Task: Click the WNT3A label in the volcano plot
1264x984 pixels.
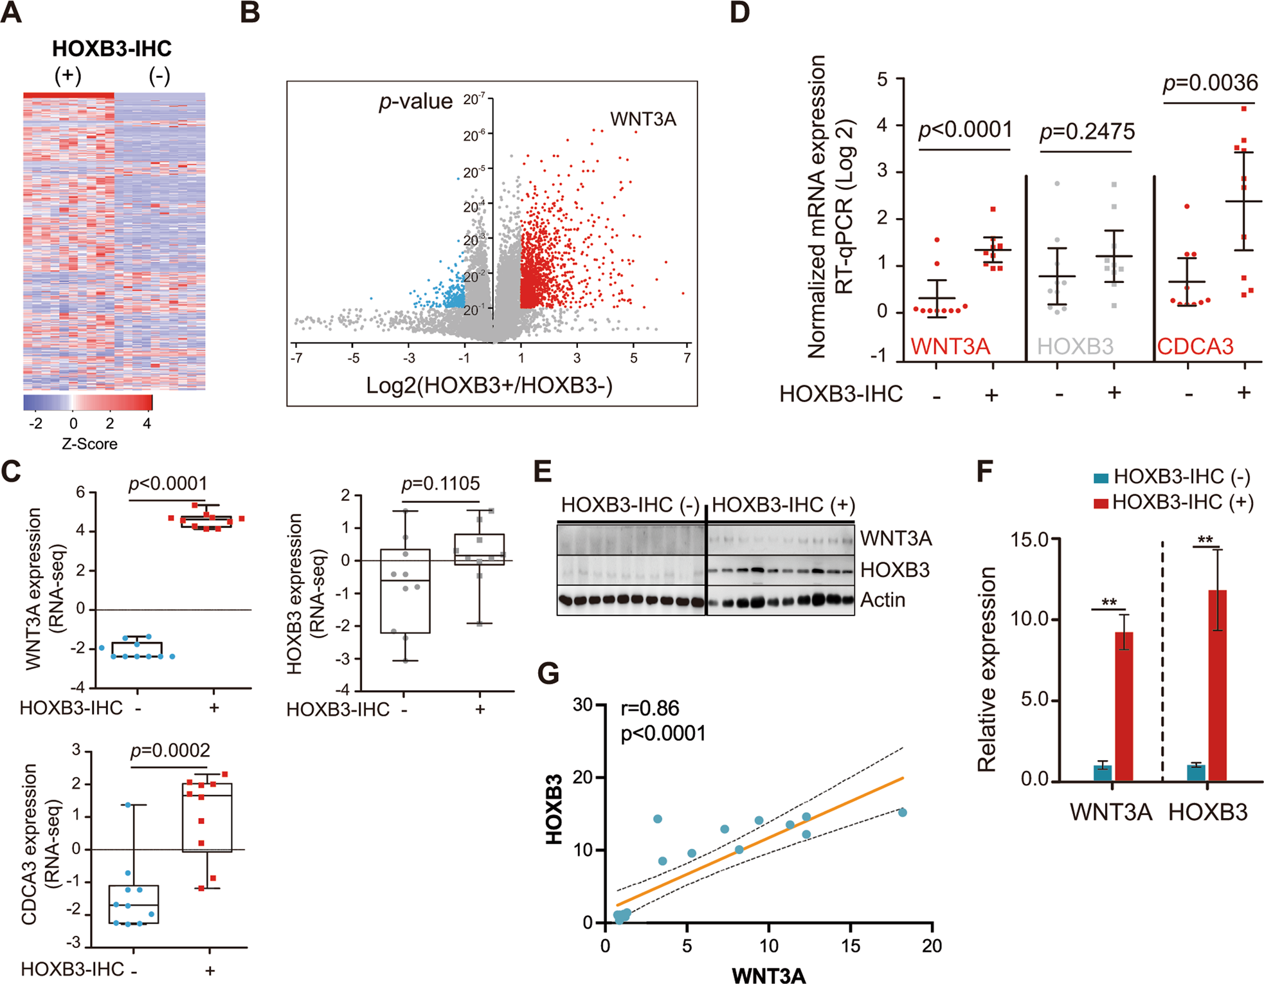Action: [642, 119]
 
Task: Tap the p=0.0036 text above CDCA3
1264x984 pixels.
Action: [1210, 83]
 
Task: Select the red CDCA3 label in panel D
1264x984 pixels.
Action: [1195, 347]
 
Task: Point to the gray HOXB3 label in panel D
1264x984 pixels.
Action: [1075, 347]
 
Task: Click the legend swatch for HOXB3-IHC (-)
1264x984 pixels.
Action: [1101, 478]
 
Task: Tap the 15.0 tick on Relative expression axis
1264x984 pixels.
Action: [1029, 539]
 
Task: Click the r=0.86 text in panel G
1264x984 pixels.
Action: [649, 708]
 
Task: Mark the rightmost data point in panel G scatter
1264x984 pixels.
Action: [902, 812]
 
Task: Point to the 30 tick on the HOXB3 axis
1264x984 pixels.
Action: [582, 705]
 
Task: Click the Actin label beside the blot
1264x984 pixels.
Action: [882, 600]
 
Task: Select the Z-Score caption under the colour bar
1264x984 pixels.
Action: [89, 444]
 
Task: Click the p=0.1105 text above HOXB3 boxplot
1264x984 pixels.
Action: [440, 484]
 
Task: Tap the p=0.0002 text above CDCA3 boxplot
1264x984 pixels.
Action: [170, 751]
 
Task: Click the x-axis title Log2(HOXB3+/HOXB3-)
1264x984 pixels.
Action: [489, 385]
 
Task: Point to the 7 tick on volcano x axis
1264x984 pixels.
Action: [687, 358]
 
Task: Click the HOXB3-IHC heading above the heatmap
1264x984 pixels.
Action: [112, 49]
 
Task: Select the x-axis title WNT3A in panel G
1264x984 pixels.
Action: [768, 975]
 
